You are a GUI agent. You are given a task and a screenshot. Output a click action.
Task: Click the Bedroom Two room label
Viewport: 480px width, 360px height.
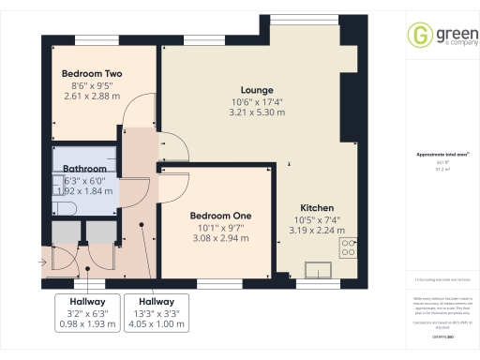92,73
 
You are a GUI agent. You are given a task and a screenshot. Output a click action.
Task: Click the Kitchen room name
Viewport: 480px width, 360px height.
317,207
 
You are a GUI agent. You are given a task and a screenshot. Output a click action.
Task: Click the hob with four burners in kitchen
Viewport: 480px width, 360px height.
348,247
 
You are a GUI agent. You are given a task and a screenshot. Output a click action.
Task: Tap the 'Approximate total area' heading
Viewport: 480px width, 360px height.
442,155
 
